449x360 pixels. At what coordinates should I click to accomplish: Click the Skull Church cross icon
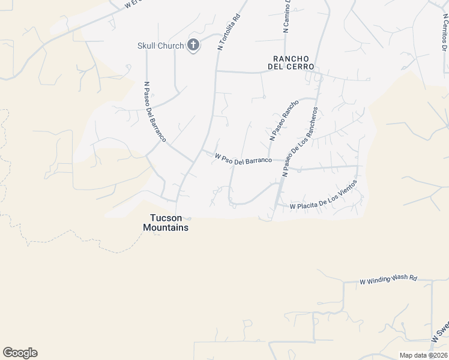(x=193, y=45)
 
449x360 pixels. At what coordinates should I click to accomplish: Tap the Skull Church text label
(x=160, y=45)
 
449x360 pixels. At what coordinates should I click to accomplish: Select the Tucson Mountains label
(x=166, y=223)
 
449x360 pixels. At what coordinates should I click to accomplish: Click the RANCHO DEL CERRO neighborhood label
(x=294, y=63)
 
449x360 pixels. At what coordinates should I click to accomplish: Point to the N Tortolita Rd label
(x=229, y=32)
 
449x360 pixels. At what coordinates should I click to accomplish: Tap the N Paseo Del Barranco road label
(x=155, y=112)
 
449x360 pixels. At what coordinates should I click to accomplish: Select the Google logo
(x=20, y=353)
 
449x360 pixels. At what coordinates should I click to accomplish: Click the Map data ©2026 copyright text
(x=423, y=355)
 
